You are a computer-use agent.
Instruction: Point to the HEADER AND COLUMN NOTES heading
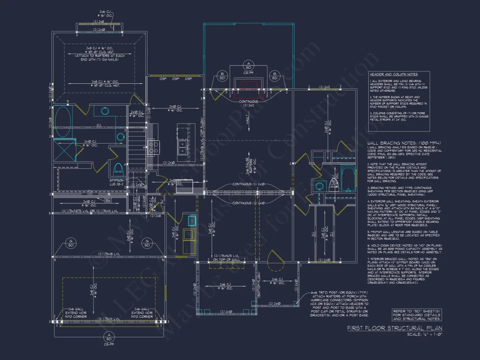coord(393,75)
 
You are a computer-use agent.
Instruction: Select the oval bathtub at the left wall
coord(62,115)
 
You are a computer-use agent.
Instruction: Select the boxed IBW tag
coord(108,200)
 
